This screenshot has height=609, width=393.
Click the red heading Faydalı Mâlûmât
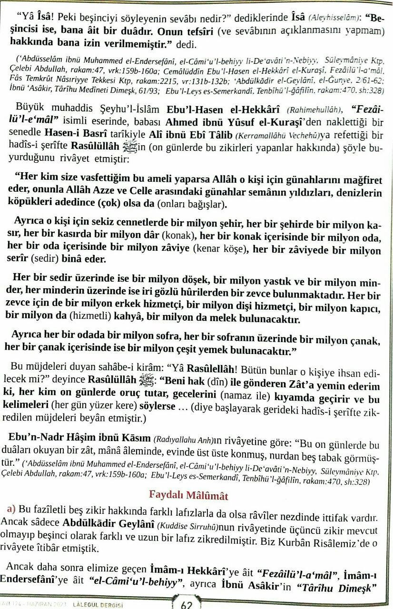pyautogui.click(x=189, y=496)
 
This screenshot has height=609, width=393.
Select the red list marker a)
pyautogui.click(x=11, y=510)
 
